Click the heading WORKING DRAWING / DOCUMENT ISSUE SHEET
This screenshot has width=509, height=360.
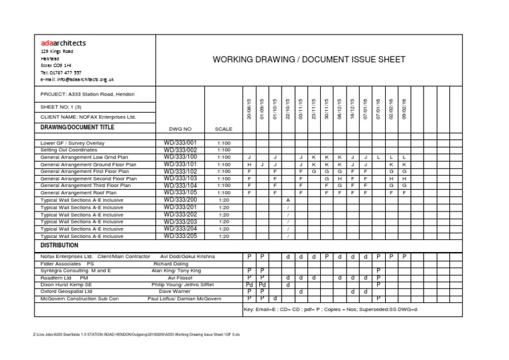point(308,60)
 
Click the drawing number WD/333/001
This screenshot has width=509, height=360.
point(180,143)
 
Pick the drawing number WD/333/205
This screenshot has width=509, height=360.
point(180,235)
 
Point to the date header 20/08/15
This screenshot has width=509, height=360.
point(249,108)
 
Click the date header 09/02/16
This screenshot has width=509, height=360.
point(404,108)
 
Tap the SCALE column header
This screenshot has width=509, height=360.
point(223,129)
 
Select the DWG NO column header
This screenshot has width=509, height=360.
point(180,129)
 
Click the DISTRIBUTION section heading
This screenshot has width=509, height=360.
point(60,245)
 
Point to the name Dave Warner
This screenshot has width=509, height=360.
point(174,291)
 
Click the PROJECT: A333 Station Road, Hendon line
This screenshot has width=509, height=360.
point(83,94)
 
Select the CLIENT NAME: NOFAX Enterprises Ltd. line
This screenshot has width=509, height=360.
point(88,117)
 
